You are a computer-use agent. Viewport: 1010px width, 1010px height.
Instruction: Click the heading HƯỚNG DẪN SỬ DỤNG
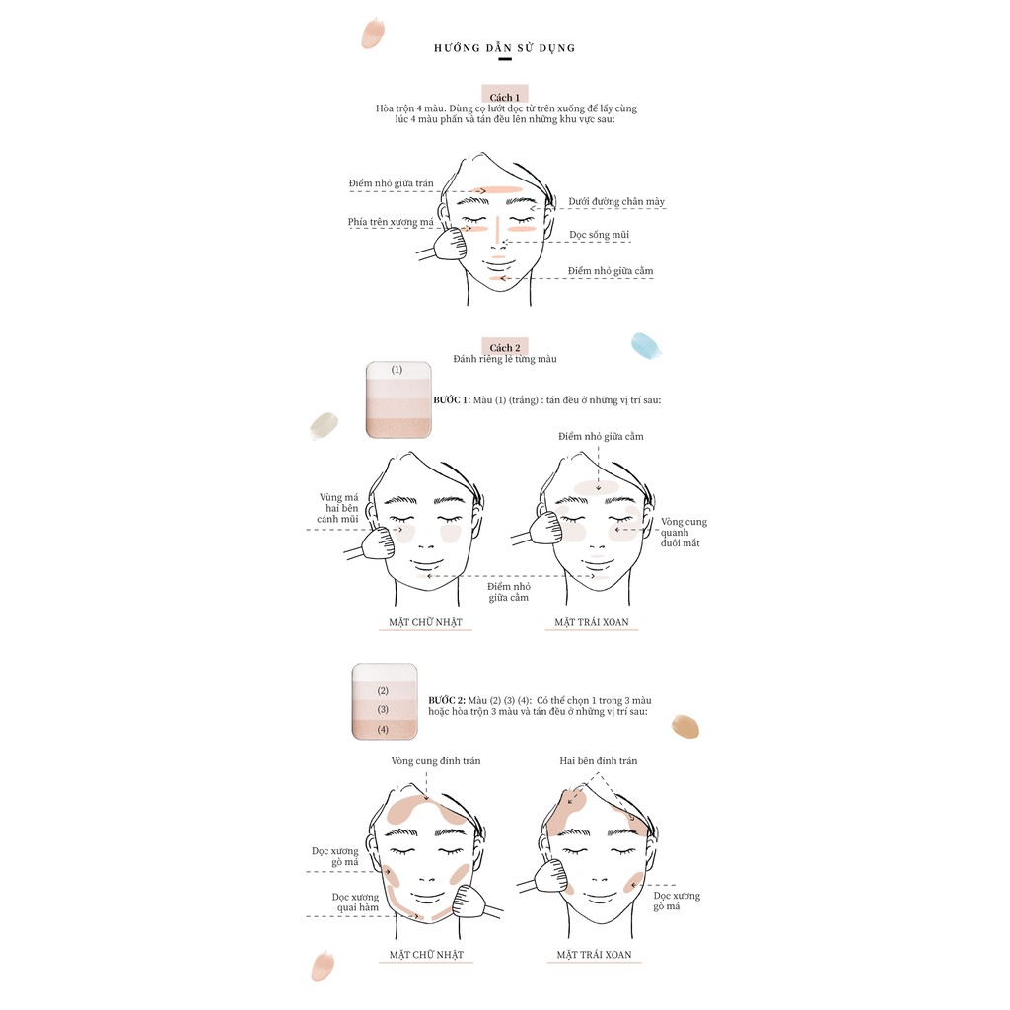point(504,47)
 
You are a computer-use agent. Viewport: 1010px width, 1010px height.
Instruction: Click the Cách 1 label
point(504,98)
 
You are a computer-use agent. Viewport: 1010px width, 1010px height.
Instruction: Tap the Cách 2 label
point(504,348)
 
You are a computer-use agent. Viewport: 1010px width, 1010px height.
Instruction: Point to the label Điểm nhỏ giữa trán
point(391,183)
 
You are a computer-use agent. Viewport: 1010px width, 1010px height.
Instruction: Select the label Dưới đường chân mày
point(616,201)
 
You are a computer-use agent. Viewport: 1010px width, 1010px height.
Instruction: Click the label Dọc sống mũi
point(599,235)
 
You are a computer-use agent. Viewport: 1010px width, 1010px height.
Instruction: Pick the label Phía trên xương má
point(391,222)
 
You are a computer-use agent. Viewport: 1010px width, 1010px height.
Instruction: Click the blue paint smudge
point(646,345)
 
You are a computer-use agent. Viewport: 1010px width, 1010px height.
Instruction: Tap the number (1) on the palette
point(397,370)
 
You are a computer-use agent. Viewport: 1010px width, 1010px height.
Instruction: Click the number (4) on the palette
point(383,729)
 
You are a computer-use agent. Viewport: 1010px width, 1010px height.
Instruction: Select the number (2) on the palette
point(383,691)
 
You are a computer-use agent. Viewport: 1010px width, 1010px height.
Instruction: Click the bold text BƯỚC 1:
point(452,400)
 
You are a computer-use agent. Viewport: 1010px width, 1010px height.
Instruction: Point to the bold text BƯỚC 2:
point(447,700)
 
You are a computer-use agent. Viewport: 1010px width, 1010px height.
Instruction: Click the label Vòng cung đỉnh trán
point(435,760)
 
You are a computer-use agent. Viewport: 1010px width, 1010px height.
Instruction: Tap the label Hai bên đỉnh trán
point(599,760)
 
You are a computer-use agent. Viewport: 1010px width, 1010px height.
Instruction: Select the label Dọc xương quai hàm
point(355,902)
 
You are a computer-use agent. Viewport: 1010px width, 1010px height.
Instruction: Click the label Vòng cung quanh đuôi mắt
point(684,532)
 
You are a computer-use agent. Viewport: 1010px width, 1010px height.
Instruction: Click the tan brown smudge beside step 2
point(685,726)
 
